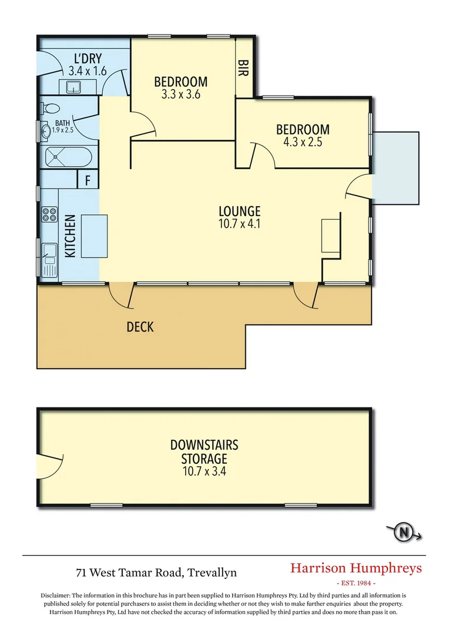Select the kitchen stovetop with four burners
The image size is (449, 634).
click(48, 215)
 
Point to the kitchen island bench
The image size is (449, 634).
click(95, 235)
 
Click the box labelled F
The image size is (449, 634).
click(88, 180)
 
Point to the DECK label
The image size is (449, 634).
click(140, 326)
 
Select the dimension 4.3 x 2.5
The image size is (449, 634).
click(303, 141)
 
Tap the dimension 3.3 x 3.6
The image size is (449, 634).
click(181, 93)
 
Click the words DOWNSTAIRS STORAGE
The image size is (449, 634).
click(204, 451)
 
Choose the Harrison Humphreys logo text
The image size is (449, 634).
click(356, 568)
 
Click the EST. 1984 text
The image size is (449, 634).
click(356, 584)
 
